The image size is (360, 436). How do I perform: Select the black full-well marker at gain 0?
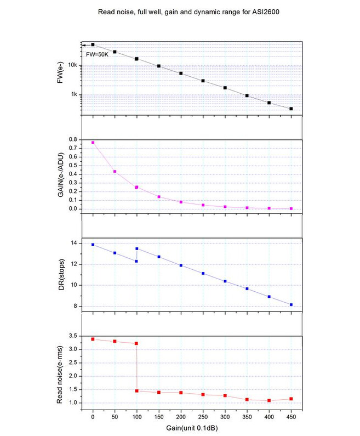(x=93, y=44)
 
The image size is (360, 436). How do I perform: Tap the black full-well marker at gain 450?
(x=291, y=109)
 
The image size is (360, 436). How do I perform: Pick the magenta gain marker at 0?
(x=93, y=143)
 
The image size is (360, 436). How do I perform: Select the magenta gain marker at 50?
(x=115, y=172)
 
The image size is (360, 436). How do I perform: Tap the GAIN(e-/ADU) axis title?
(x=61, y=175)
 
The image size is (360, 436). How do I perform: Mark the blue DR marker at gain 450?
(x=291, y=304)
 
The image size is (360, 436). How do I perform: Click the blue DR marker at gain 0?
(x=93, y=245)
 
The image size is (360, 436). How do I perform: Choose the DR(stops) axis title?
(x=61, y=275)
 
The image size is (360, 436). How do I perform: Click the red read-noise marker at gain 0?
(x=93, y=339)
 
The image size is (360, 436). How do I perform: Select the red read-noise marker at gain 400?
(x=269, y=400)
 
